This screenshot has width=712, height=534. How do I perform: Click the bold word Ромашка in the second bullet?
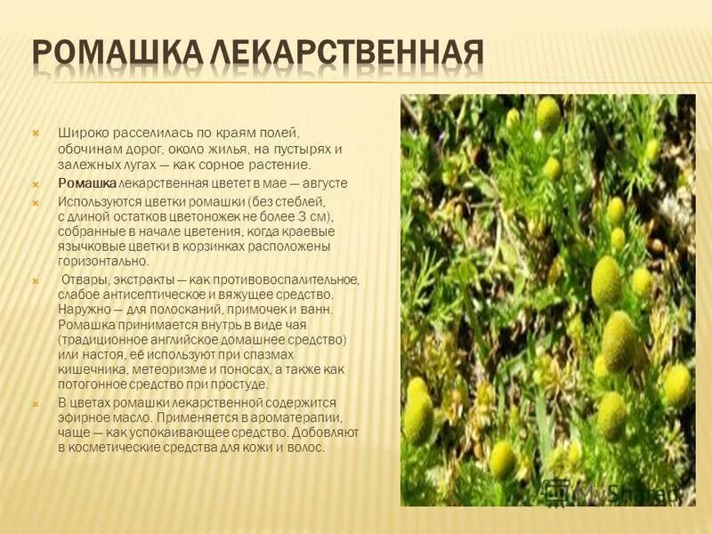click(87, 182)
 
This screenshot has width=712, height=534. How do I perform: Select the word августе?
click(324, 182)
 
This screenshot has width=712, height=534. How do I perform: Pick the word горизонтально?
click(102, 262)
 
